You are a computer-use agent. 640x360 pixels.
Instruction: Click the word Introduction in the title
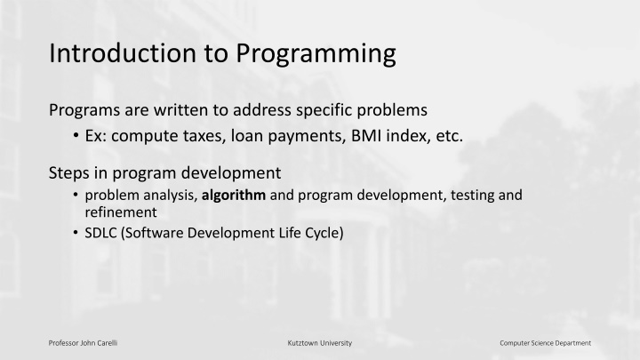123,53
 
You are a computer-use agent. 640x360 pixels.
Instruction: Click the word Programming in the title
316,55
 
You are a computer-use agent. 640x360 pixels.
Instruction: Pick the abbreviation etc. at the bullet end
450,136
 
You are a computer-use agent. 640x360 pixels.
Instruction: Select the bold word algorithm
234,196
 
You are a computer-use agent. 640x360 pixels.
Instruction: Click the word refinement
121,212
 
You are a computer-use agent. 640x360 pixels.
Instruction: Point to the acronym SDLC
100,233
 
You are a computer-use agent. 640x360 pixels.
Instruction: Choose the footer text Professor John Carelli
83,343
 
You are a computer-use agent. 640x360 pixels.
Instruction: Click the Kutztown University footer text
320,343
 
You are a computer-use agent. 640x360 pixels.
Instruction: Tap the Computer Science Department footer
545,343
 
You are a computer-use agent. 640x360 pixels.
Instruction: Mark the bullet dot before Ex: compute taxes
76,135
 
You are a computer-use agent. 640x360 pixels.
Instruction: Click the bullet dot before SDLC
76,232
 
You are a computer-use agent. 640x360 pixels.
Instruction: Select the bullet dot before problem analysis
76,195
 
